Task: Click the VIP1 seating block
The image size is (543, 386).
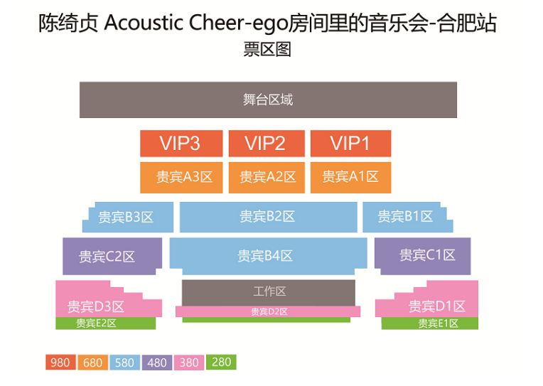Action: [x=350, y=144]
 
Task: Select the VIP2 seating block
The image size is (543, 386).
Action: [x=266, y=144]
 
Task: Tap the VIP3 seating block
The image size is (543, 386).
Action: [x=181, y=144]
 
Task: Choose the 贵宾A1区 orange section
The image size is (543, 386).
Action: [x=350, y=177]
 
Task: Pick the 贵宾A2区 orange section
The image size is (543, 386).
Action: [x=267, y=177]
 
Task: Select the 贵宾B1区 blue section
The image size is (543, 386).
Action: [x=405, y=217]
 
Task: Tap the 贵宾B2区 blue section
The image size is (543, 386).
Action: [x=267, y=217]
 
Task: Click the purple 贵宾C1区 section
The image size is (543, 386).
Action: [x=426, y=255]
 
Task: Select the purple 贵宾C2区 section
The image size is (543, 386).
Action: [x=107, y=257]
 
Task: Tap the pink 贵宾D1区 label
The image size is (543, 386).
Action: [x=436, y=306]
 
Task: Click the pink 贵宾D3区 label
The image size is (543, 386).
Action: [x=96, y=306]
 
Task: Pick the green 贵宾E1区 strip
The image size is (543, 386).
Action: [x=431, y=323]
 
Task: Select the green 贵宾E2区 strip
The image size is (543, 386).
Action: [x=96, y=323]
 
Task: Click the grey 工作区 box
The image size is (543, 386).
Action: [x=269, y=291]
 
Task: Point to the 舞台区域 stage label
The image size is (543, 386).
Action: [x=267, y=100]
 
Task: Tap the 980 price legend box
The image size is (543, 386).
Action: [x=60, y=363]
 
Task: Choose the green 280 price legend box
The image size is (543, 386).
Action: [x=221, y=362]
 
